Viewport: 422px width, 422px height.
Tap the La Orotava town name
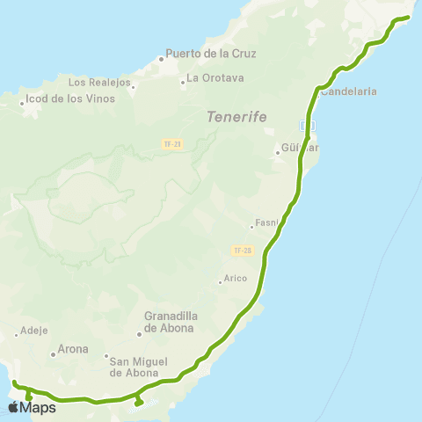215,77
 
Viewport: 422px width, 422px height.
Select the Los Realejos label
99,83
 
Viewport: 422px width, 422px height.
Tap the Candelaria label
349,91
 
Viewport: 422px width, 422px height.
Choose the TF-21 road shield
172,143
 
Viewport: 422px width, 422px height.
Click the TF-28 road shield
243,251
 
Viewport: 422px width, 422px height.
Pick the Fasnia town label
266,222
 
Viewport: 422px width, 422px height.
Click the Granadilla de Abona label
176,324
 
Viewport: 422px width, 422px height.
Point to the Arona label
74,349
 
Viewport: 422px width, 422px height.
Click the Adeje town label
34,332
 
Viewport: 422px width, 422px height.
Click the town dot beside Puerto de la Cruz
162,60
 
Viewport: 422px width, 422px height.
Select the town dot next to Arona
54,354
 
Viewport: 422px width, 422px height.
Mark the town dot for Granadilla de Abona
139,334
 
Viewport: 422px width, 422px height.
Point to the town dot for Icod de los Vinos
23,104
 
